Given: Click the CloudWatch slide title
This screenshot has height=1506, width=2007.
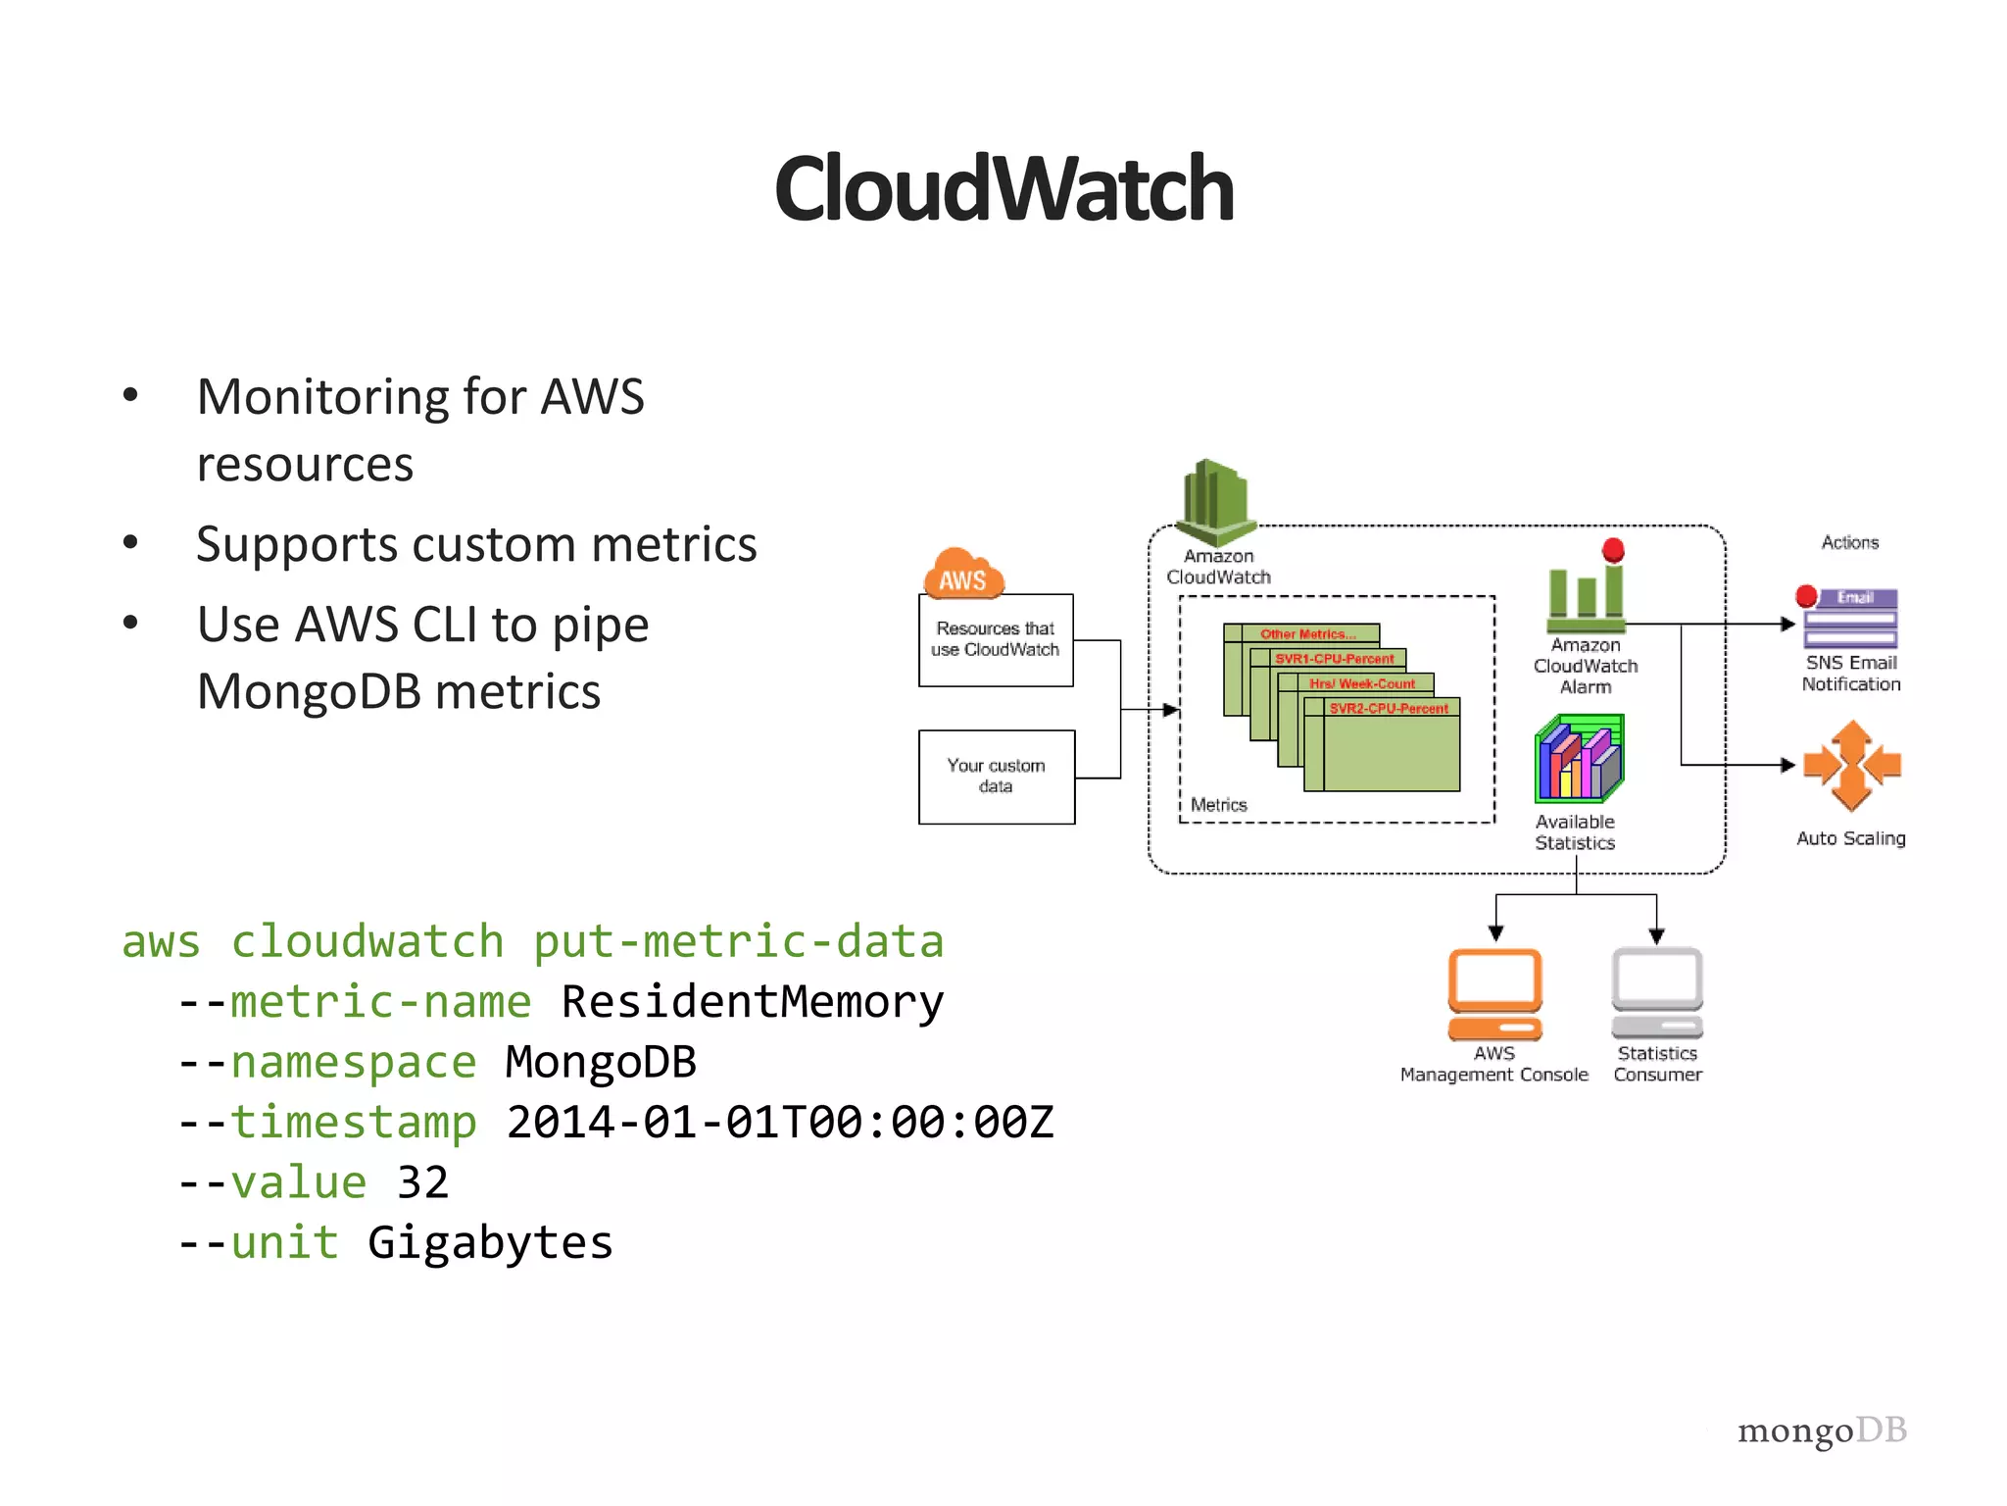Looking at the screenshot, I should click(1003, 188).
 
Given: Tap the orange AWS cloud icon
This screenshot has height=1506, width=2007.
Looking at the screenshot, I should click(963, 575).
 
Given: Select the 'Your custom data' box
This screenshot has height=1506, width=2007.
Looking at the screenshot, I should click(996, 777).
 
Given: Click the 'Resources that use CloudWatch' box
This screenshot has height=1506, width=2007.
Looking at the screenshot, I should click(996, 639).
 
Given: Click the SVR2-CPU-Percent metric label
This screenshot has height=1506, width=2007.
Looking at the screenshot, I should click(1388, 708).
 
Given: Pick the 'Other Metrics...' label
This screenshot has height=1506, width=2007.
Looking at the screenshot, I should click(1307, 634).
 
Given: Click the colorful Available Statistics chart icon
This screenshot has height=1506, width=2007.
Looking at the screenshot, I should click(1579, 759).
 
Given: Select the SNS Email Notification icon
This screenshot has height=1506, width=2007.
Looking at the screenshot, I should click(1850, 618).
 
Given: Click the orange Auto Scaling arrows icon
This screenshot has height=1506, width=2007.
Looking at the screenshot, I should click(1851, 766).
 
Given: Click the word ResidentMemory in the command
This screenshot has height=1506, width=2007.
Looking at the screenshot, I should click(752, 1002).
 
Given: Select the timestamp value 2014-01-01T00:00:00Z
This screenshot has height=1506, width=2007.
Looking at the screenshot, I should click(780, 1123).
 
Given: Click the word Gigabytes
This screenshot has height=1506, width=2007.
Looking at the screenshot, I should click(490, 1243).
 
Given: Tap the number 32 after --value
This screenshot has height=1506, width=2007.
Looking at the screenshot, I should click(422, 1182).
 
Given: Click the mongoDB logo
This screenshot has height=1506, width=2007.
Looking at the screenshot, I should click(1822, 1431).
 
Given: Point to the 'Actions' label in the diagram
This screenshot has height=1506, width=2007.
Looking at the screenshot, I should click(1849, 542).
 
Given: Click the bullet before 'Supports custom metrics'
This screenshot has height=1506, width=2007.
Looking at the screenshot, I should click(130, 542).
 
